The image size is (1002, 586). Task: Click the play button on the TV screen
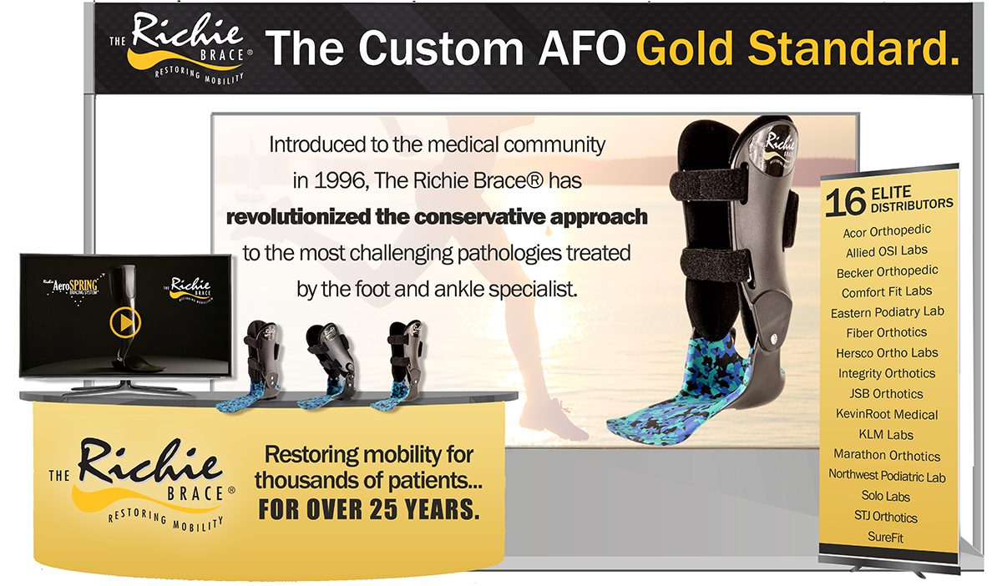pos(125,322)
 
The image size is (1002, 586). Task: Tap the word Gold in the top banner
pos(686,48)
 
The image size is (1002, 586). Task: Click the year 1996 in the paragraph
pos(342,180)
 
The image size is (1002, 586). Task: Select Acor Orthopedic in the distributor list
pos(887,231)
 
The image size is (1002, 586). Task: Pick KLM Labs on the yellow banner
pos(886,434)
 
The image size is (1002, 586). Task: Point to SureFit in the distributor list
pos(885,537)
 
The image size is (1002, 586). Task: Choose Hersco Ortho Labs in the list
pos(887,353)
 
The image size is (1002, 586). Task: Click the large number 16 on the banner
pos(845,201)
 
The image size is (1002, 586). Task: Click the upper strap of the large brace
pos(709,184)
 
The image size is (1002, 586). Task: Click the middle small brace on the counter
pos(330,366)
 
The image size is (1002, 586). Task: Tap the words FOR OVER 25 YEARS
pos(369,509)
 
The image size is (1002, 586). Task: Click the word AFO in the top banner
pos(581,48)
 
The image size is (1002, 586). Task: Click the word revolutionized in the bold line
pos(298,217)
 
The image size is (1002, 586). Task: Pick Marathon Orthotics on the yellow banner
pos(887,455)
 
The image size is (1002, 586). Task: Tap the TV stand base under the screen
pos(129,387)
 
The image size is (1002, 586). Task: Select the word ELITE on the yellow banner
pos(891,193)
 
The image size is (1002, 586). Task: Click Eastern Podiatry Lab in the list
pos(888,312)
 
